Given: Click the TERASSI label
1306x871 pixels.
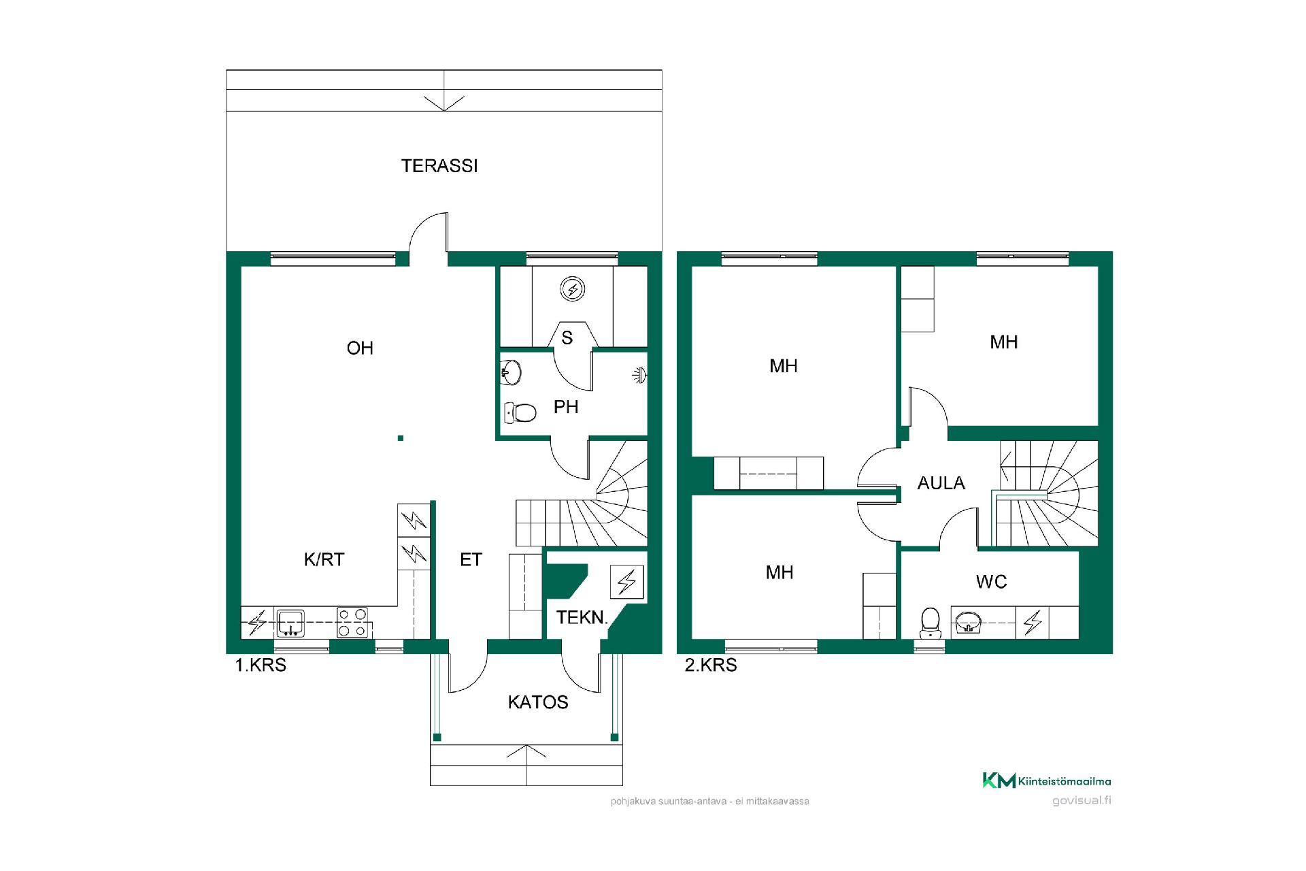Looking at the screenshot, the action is point(439,166).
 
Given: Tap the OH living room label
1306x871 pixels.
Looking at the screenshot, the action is point(360,348).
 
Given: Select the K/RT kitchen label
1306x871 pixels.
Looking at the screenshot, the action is point(324,559).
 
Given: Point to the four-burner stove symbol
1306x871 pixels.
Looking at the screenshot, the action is point(352,623).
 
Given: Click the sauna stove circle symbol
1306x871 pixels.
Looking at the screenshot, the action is point(572,289).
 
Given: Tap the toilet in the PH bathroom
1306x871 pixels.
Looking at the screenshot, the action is point(520,412).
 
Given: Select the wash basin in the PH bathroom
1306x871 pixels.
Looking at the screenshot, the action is point(511,372).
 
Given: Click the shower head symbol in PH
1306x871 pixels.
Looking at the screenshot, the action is point(639,374).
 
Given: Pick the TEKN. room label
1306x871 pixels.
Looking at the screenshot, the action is point(582,618).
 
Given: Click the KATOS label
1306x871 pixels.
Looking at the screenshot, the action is point(538,702).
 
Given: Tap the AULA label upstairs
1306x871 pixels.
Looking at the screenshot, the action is point(941,483).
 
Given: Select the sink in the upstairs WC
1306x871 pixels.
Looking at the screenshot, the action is point(968,622).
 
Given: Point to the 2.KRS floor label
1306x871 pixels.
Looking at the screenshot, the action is point(711,665).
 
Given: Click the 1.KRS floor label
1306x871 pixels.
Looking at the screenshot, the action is point(261,665).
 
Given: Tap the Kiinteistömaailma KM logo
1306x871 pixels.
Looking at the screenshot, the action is point(1047,780).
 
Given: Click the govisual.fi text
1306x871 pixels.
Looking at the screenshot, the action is point(1082,800).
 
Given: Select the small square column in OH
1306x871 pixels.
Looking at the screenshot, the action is point(401,438).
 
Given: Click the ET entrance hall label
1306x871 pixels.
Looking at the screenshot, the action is point(471,559).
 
